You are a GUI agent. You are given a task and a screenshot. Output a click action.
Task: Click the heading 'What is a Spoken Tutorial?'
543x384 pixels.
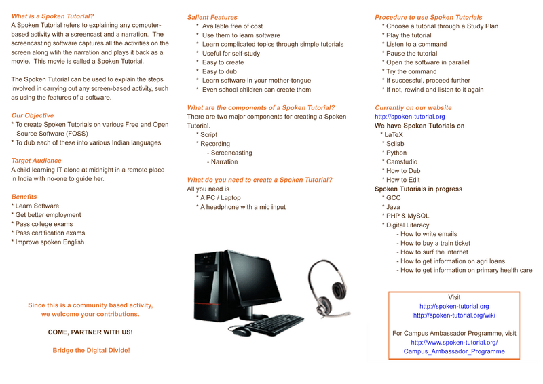tap(52, 16)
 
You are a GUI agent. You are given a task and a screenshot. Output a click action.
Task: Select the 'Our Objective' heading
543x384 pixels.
tap(33, 116)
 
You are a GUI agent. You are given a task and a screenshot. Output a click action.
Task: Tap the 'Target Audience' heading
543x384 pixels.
tap(36, 161)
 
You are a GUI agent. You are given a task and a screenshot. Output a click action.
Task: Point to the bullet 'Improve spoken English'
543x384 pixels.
tap(50, 242)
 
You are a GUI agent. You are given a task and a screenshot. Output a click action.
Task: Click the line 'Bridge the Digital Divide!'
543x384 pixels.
tap(91, 350)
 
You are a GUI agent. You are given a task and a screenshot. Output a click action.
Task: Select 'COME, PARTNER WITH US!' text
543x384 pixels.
tap(90, 332)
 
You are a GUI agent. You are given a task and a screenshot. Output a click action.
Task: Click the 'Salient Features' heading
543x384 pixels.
tap(212, 17)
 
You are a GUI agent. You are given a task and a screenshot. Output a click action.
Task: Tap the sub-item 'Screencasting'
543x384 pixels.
tap(231, 153)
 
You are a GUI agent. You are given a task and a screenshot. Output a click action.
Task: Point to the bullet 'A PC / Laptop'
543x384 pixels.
tap(220, 197)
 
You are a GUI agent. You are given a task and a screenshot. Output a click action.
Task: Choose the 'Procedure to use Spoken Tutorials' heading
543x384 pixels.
tap(428, 17)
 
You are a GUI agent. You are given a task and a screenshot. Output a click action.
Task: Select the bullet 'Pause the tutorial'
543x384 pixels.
tap(411, 54)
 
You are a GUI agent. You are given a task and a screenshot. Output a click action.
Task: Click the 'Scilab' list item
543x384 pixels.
tap(394, 144)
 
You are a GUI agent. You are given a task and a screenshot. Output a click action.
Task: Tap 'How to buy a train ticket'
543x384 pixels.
tap(435, 243)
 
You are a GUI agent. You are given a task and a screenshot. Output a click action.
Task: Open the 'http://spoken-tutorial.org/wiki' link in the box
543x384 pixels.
tap(454, 315)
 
